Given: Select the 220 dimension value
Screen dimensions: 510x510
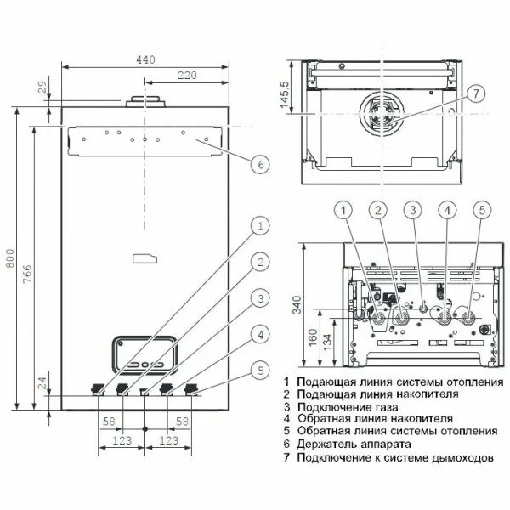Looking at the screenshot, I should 187,76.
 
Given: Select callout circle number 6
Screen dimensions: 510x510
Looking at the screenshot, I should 261,165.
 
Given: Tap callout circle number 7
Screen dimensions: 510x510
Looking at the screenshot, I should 475,93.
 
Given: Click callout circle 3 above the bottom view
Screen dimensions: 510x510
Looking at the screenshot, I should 412,210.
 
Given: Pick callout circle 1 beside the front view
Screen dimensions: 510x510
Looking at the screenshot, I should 261,225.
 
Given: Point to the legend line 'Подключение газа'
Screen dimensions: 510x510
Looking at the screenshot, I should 342,407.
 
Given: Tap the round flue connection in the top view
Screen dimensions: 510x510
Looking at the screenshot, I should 381,112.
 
